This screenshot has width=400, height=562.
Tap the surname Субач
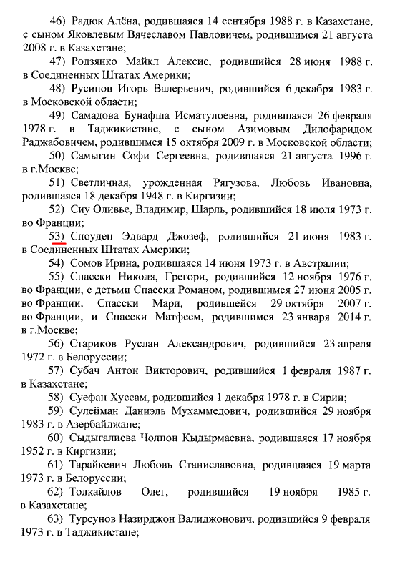point(89,371)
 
